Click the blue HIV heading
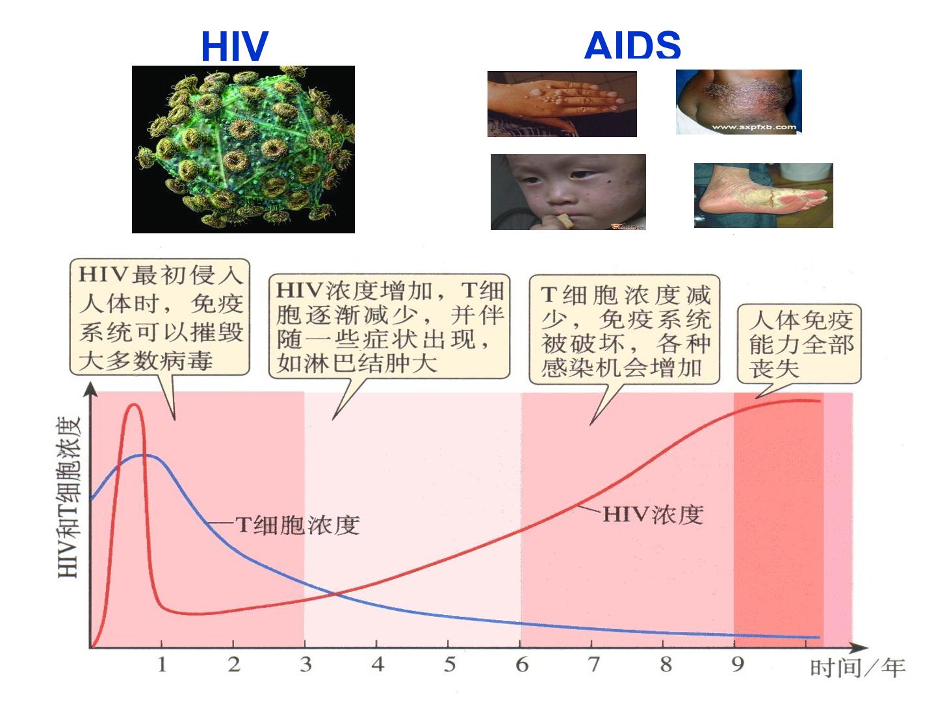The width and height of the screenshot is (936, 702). pos(235,46)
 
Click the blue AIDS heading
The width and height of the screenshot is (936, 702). pos(632,45)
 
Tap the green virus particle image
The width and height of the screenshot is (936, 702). pos(243,149)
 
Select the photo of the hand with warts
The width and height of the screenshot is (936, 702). pos(562,104)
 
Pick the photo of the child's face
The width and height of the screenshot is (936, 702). pos(568,192)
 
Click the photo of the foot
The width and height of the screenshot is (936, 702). pos(763,196)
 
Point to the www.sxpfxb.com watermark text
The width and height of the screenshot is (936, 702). pos(754,127)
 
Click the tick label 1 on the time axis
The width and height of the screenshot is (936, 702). pos(162,664)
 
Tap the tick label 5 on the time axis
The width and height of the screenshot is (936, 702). pos(449,664)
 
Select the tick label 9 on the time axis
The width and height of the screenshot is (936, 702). pos(737,664)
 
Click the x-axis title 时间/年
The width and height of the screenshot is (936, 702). pos(857,668)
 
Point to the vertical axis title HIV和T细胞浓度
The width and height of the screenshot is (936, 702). pos(69,497)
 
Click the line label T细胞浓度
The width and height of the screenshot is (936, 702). pos(298,525)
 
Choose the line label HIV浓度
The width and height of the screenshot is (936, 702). pos(653,514)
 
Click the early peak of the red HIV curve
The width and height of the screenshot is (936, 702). pos(134,404)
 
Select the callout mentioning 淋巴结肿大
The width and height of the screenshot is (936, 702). pos(389,326)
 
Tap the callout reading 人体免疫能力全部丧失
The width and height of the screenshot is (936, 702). pos(799,344)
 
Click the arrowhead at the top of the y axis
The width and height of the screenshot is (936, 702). pos(90,388)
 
